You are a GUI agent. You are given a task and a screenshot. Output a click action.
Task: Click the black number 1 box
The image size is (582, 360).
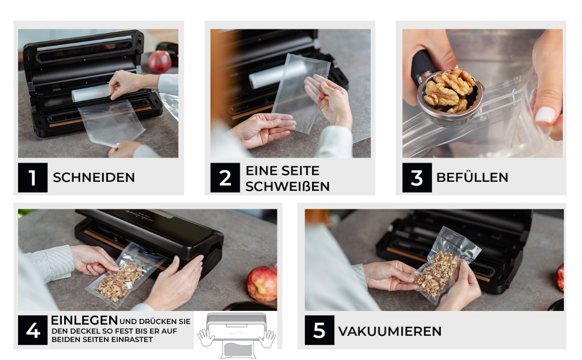(x=32, y=178)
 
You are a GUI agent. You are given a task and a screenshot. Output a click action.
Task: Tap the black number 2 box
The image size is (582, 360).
(x=225, y=178)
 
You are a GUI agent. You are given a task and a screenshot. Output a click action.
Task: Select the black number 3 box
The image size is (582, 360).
(x=417, y=178)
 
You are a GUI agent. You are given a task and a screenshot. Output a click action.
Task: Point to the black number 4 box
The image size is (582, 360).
(x=32, y=330)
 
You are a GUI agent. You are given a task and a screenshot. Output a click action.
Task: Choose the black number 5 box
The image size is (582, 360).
(x=319, y=330)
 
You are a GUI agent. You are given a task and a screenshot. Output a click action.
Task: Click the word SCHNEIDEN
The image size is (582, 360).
(x=94, y=178)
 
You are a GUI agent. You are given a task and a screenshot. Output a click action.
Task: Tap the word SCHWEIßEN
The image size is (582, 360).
(x=287, y=187)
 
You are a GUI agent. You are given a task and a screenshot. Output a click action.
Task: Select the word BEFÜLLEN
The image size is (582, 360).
(x=472, y=178)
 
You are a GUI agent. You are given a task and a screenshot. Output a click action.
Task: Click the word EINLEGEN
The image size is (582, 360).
(x=84, y=320)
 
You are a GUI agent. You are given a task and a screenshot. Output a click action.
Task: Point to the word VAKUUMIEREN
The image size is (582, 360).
(x=390, y=331)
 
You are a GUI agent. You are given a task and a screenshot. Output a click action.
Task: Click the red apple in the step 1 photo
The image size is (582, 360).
(x=160, y=62)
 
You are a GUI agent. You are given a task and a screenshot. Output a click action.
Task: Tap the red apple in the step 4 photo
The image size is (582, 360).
(x=262, y=284)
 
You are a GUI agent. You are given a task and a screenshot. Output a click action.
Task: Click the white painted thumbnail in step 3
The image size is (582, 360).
(x=545, y=115)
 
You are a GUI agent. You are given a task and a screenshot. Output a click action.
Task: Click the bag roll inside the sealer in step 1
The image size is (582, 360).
(x=91, y=93)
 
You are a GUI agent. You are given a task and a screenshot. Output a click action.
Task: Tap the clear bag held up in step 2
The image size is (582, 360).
(x=301, y=93)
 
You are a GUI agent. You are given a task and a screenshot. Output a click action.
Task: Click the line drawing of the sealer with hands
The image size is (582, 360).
(x=236, y=335)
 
